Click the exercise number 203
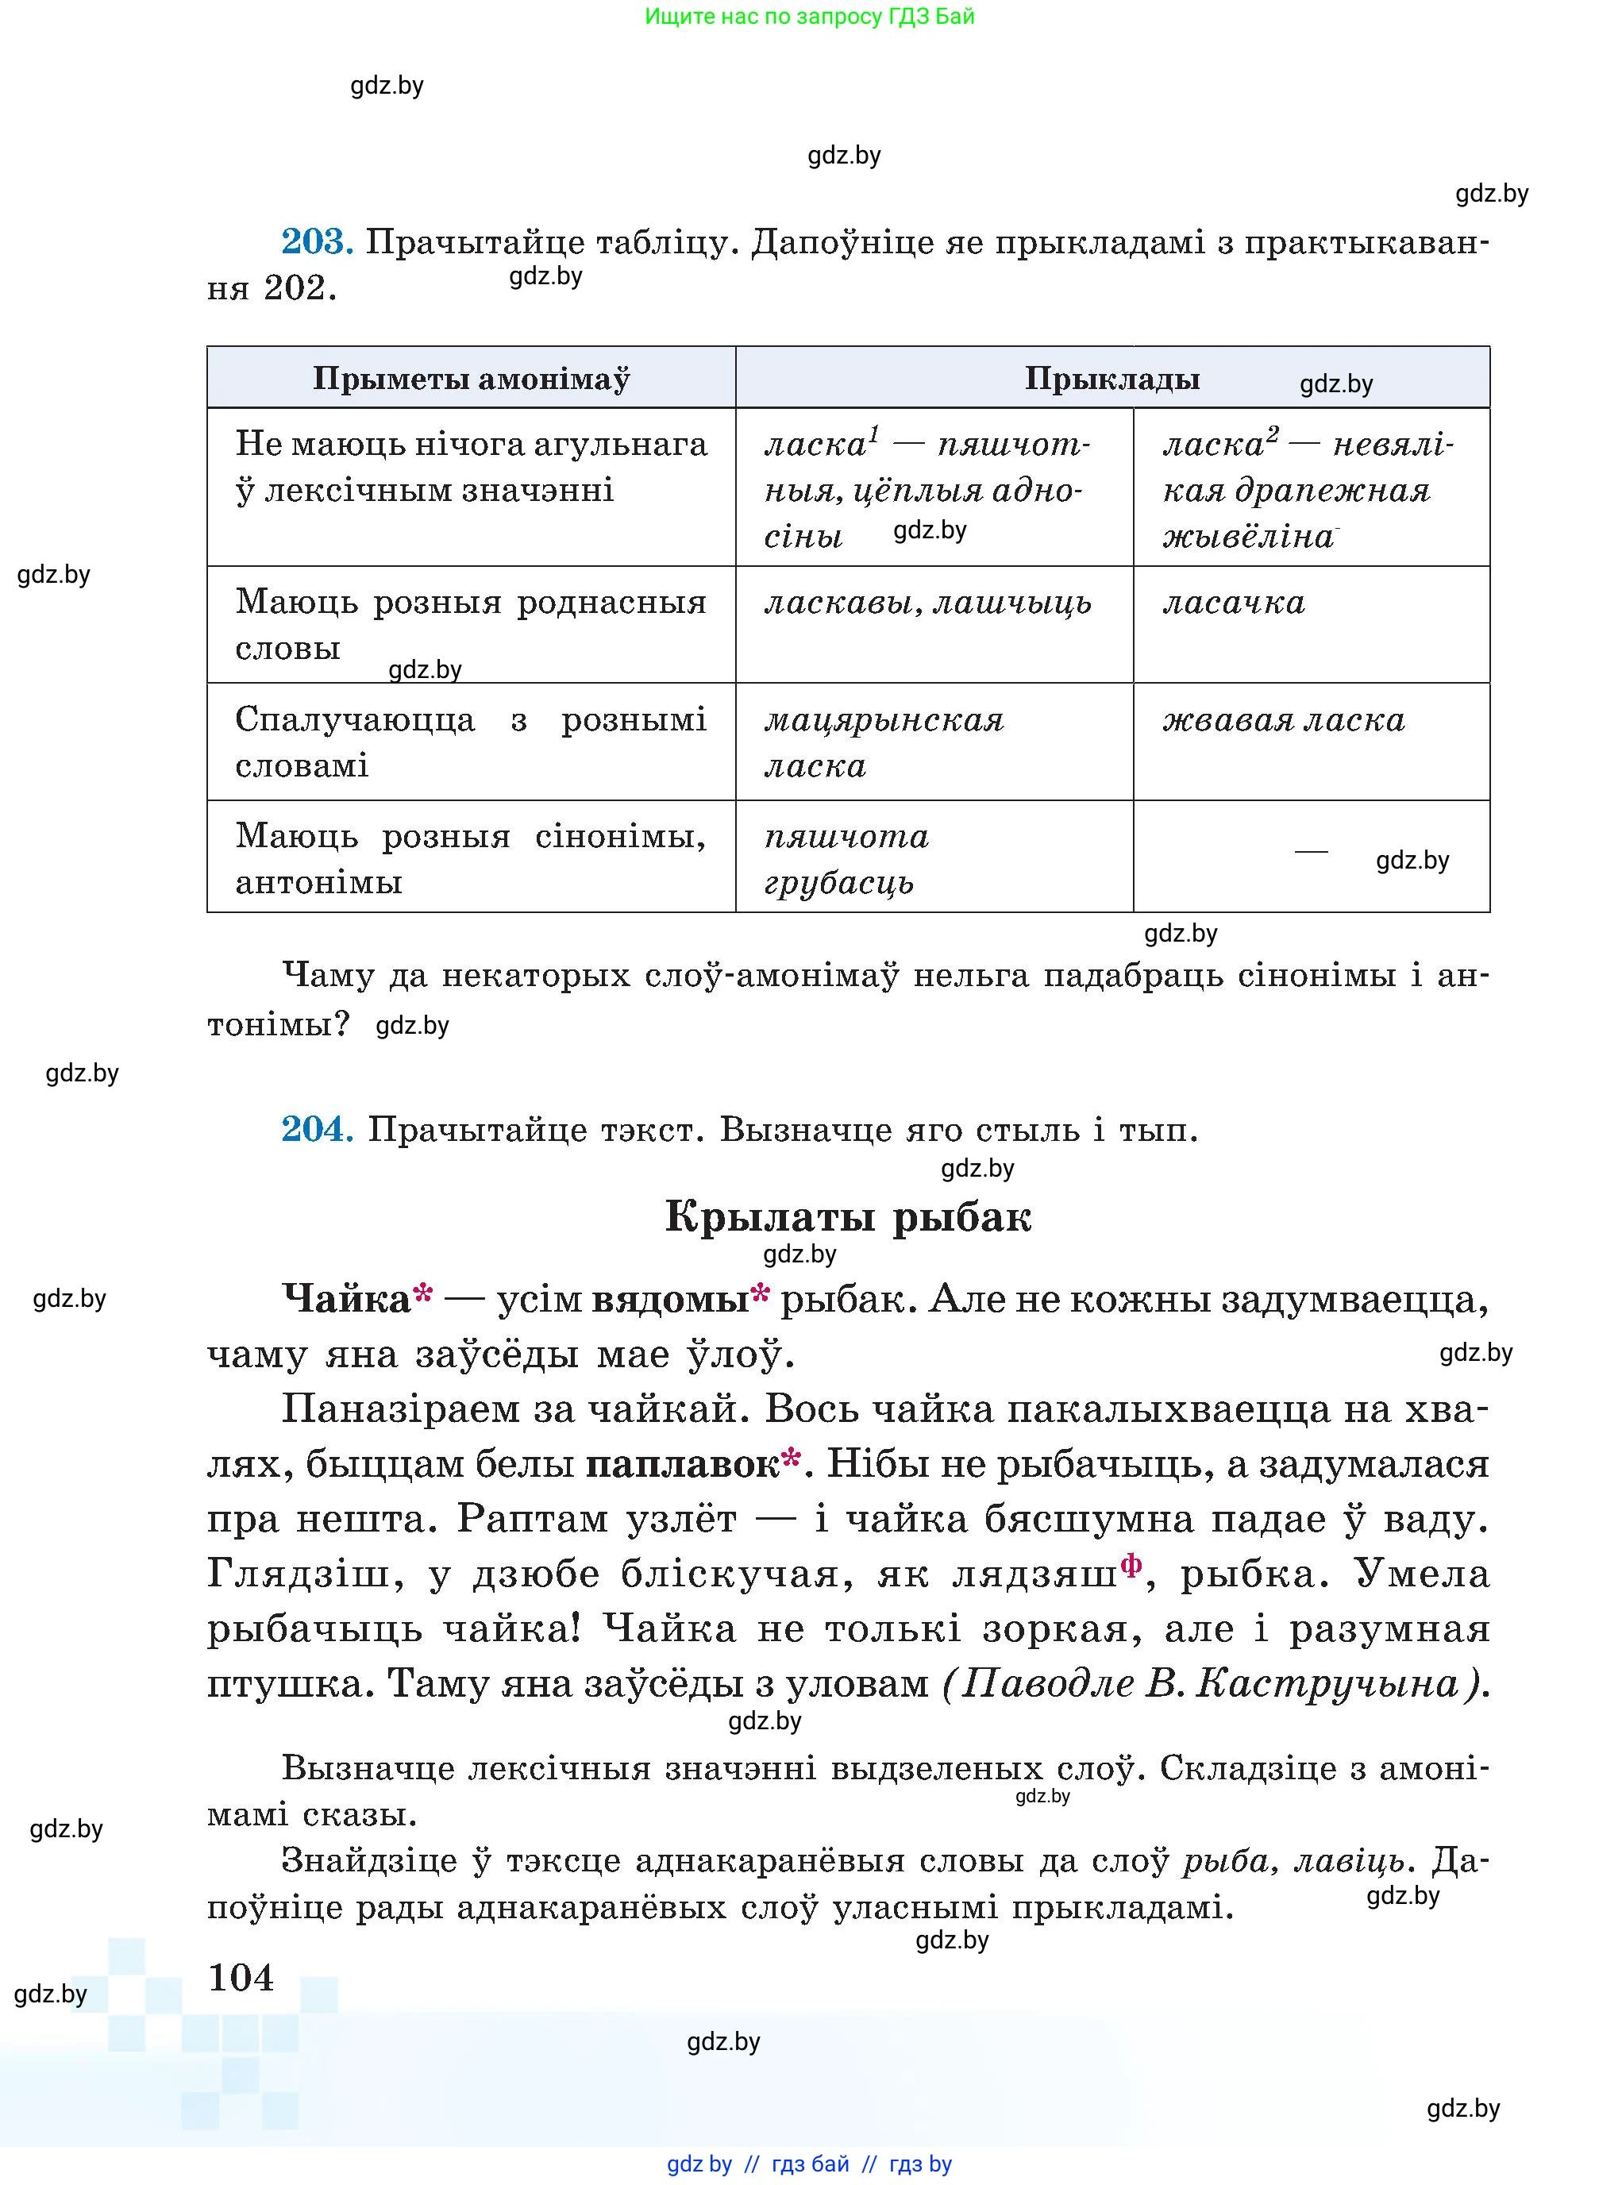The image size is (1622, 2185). [x=316, y=241]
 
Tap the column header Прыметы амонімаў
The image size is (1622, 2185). [x=472, y=378]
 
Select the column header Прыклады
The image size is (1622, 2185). [x=1112, y=378]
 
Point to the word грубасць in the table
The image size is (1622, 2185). [x=838, y=882]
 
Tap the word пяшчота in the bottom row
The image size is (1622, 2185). [x=846, y=836]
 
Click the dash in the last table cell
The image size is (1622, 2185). [x=1311, y=851]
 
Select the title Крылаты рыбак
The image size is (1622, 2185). [x=847, y=1216]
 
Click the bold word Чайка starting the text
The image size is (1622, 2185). [x=345, y=1299]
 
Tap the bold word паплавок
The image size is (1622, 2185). [x=682, y=1464]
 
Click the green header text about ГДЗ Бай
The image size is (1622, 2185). [x=809, y=16]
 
